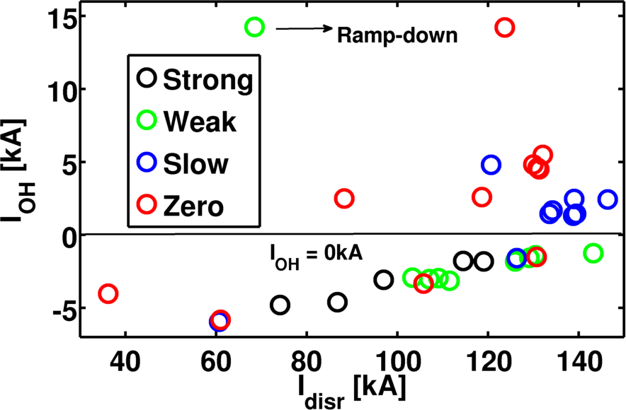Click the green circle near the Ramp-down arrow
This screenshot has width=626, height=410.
coord(254,28)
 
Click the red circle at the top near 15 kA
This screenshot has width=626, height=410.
coord(504,28)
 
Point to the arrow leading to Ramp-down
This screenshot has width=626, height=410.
coord(303,28)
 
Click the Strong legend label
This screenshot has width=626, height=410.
coord(207,79)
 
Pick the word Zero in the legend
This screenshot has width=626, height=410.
coord(193,206)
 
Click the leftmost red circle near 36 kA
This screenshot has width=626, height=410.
coord(108,293)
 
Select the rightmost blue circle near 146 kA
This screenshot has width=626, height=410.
coord(608,199)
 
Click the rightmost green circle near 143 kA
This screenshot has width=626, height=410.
coord(593,253)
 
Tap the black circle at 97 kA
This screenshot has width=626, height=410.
coord(383,279)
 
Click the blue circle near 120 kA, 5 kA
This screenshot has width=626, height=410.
coord(491,165)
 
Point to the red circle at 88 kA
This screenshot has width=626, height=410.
coord(343,199)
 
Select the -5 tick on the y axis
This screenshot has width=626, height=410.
coord(62,308)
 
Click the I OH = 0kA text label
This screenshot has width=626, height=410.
coord(314,256)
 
